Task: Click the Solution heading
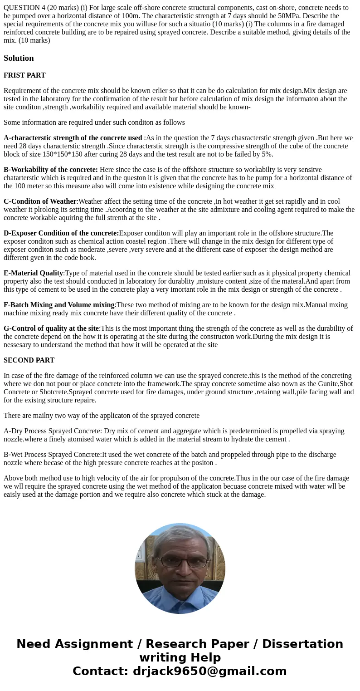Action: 19,58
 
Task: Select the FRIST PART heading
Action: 24,75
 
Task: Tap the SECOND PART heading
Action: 29,360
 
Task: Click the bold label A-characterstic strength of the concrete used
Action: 73,138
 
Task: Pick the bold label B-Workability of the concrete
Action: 51,170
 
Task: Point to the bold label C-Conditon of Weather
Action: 40,201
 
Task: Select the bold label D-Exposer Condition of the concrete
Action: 61,233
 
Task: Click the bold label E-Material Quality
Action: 34,273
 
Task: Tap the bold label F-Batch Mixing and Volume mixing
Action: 59,305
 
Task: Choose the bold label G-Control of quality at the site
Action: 51,328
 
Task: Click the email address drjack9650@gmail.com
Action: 209,671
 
